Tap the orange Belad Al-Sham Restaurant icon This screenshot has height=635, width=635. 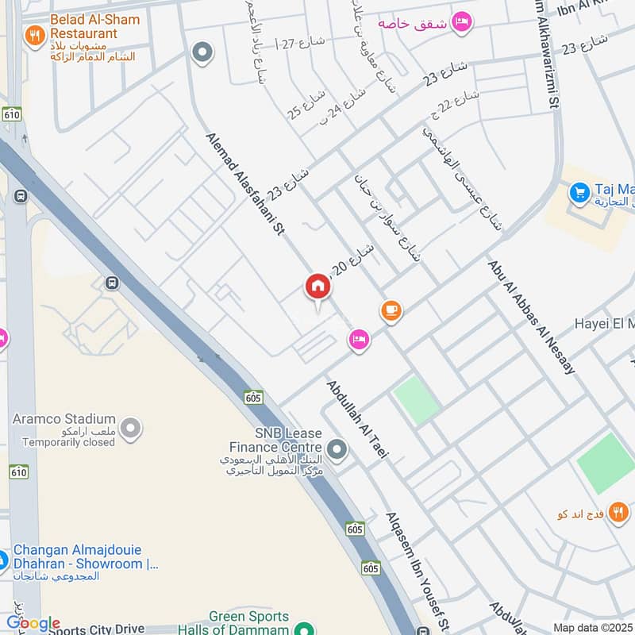click(33, 35)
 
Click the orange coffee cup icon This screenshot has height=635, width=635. click(391, 310)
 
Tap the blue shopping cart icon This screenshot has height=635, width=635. click(579, 192)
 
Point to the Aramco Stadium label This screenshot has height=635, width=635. click(63, 418)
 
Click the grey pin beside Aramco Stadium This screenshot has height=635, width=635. click(133, 429)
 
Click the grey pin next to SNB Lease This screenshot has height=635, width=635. click(337, 451)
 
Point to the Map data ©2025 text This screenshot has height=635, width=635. click(593, 627)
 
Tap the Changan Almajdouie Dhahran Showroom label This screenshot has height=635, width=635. click(85, 558)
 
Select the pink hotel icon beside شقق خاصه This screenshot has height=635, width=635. click(460, 21)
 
